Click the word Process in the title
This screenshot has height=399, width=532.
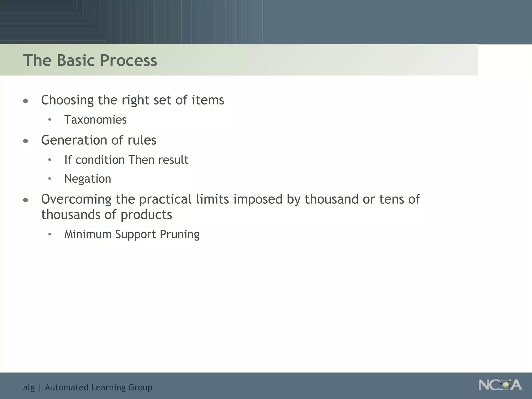tap(129, 60)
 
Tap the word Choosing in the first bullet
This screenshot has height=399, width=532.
tap(67, 100)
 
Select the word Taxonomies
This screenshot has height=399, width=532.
tap(95, 120)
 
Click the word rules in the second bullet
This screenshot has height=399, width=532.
tap(142, 140)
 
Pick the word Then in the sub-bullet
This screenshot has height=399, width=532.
tap(141, 160)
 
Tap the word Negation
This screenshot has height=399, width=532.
tap(88, 179)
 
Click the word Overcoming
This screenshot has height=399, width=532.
tap(76, 199)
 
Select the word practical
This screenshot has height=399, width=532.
tap(165, 199)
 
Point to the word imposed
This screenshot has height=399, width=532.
tap(258, 199)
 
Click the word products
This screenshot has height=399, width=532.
tap(146, 215)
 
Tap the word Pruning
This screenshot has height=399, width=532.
tap(179, 234)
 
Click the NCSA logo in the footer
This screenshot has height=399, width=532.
tap(500, 385)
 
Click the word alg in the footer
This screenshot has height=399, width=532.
tap(29, 388)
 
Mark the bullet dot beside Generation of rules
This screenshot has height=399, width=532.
tap(25, 141)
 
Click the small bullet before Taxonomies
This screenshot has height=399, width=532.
tap(49, 120)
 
